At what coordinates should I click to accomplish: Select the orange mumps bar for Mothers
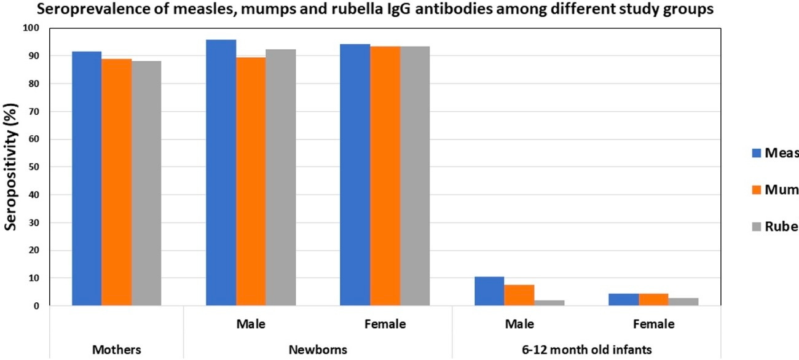tap(116, 182)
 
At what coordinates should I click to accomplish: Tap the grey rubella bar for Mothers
tap(146, 183)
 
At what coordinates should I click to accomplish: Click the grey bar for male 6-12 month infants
tap(549, 302)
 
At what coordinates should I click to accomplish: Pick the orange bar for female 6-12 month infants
tap(653, 299)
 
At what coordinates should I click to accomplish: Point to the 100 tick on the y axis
tap(31, 28)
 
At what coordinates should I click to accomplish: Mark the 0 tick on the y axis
tap(36, 306)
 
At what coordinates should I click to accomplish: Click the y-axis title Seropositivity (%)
tap(11, 166)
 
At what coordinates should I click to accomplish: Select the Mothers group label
tap(117, 350)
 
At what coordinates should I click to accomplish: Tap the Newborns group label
tap(318, 350)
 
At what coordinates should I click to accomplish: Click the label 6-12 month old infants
tap(586, 350)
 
